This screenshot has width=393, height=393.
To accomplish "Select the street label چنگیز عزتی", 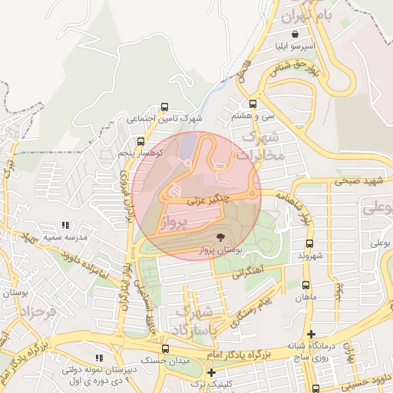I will [206, 200].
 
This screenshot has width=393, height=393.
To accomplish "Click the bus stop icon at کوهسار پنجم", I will [140, 141].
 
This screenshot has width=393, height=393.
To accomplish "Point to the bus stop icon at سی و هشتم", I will [253, 104].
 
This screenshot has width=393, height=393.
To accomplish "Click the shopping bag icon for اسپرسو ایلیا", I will [296, 33].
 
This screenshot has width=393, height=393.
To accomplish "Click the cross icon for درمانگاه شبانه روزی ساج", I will [310, 333].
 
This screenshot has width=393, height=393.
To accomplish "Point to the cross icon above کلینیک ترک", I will [211, 372].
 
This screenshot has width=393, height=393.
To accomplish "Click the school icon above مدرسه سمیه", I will [65, 226].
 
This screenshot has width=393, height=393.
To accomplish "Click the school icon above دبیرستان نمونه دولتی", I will [97, 357].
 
